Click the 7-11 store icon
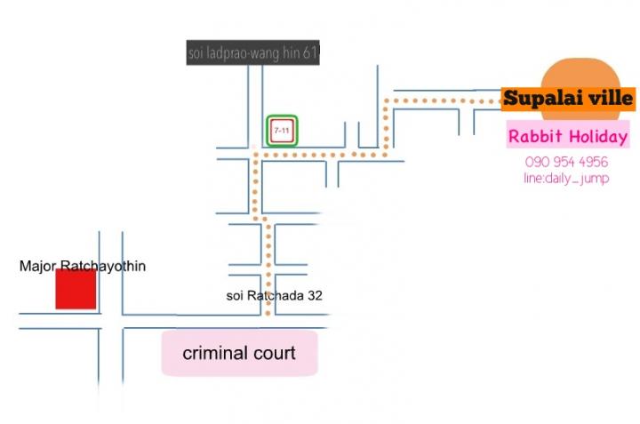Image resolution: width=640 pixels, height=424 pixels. pyautogui.click(x=282, y=131)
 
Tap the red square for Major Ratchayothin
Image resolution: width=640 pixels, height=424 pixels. pyautogui.click(x=76, y=289)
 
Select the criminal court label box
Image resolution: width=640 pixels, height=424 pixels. pyautogui.click(x=240, y=353)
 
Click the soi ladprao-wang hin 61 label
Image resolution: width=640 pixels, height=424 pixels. pyautogui.click(x=253, y=52)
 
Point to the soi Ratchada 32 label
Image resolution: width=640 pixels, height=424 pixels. pyautogui.click(x=275, y=295)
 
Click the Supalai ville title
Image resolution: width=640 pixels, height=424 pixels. pyautogui.click(x=568, y=99)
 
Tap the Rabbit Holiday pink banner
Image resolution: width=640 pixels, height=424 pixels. pyautogui.click(x=568, y=136)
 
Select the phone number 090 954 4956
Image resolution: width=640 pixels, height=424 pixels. pyautogui.click(x=566, y=162)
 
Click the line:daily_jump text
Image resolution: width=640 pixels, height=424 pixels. pyautogui.click(x=566, y=179)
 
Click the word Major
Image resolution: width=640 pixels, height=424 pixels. pyautogui.click(x=37, y=267)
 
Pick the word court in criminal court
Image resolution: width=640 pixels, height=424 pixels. pyautogui.click(x=275, y=354)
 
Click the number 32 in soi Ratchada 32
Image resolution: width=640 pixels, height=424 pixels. pyautogui.click(x=315, y=295)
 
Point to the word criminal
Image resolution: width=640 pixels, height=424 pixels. pyautogui.click(x=215, y=354)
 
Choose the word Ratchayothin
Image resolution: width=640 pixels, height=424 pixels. pyautogui.click(x=103, y=267)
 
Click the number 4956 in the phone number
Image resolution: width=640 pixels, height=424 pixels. pyautogui.click(x=594, y=162)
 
